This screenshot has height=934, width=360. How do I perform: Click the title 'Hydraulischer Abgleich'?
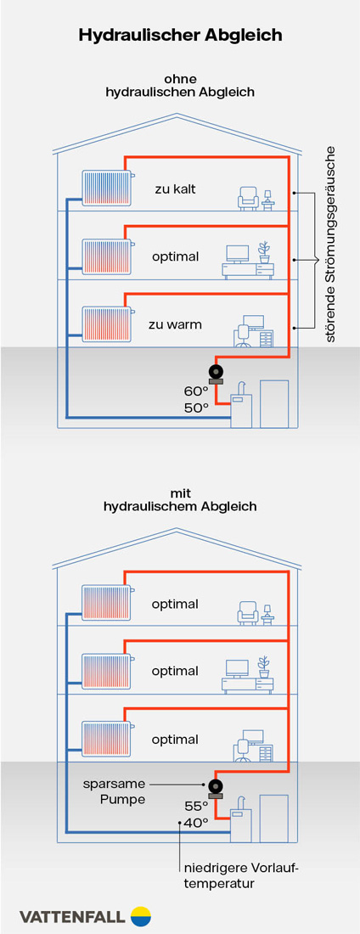coord(180,35)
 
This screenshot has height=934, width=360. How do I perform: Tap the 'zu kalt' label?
coord(175,188)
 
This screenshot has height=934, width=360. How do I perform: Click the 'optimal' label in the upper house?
coord(175,256)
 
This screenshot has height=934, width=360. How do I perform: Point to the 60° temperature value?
coord(195,391)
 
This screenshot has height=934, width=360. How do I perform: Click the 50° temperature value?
coord(195,408)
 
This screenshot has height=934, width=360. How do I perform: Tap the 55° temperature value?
coord(195,805)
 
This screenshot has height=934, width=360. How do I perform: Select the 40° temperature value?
coord(195,822)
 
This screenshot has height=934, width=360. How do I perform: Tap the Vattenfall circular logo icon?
coord(140,916)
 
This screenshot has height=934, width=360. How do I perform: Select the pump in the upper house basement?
coord(216,373)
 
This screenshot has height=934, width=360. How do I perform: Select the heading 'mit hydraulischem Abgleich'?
coord(180,498)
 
